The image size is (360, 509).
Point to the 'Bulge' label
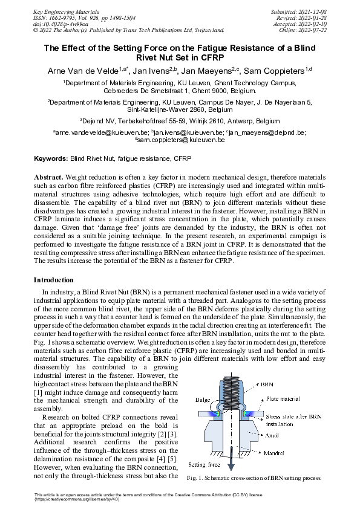203,400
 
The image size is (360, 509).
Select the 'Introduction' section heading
54,280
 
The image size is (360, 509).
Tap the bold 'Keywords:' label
50,158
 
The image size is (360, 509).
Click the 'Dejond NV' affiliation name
99,121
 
